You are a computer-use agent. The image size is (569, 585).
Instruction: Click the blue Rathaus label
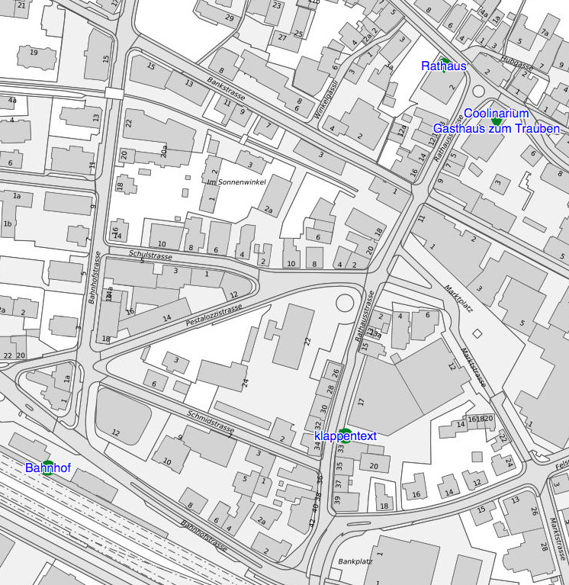(x=443, y=66)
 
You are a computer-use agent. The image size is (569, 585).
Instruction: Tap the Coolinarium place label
(x=496, y=114)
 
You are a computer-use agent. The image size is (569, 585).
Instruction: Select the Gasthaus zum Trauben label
(x=496, y=129)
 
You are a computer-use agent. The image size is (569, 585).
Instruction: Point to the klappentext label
(x=346, y=436)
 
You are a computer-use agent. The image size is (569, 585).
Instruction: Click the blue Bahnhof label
(x=48, y=468)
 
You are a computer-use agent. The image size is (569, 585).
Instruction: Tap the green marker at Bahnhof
(x=48, y=464)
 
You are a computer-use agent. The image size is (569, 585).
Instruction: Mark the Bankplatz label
(x=355, y=561)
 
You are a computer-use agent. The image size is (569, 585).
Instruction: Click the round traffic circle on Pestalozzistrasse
(x=344, y=303)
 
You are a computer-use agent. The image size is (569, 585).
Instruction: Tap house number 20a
(x=164, y=152)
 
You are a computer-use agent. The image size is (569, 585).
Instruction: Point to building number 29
(x=229, y=17)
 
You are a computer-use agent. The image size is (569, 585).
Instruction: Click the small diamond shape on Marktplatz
(x=477, y=334)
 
